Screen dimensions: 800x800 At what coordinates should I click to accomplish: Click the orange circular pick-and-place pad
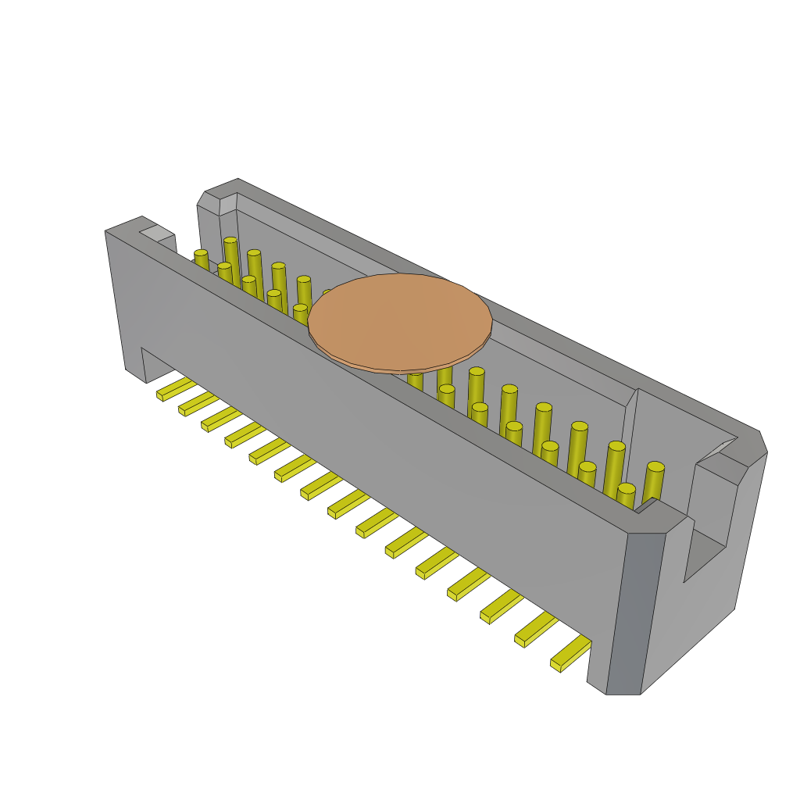[x=400, y=322]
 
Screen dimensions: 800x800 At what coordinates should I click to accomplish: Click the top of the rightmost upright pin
[x=655, y=466]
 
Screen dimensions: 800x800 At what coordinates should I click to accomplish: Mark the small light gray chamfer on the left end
[x=157, y=233]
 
